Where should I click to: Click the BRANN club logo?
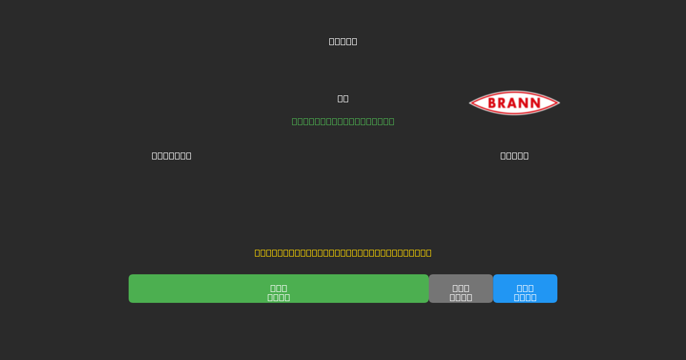pyautogui.click(x=514, y=103)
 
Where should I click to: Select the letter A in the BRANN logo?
pyautogui.click(x=514, y=103)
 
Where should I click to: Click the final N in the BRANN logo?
pyautogui.click(x=535, y=103)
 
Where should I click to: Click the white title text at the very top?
pyautogui.click(x=343, y=41)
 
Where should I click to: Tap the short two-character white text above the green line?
pyautogui.click(x=343, y=98)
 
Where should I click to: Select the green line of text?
pyautogui.click(x=343, y=121)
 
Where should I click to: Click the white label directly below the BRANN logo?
pyautogui.click(x=514, y=155)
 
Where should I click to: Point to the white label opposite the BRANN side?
pyautogui.click(x=171, y=155)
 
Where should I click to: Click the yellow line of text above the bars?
pyautogui.click(x=343, y=253)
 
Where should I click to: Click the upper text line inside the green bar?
pyautogui.click(x=278, y=288)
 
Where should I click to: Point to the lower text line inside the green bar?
pyautogui.click(x=278, y=297)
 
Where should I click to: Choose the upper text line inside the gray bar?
pyautogui.click(x=461, y=288)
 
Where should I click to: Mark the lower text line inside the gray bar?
pyautogui.click(x=461, y=297)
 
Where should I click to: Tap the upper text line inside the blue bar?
pyautogui.click(x=525, y=288)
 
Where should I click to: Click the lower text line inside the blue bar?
pyautogui.click(x=525, y=297)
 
